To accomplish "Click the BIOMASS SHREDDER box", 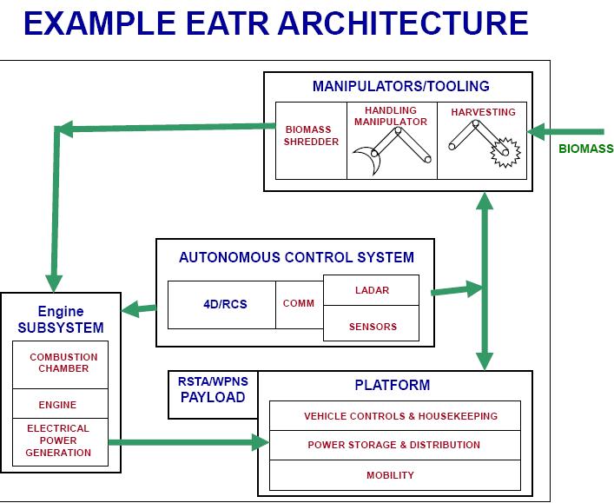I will (x=311, y=141).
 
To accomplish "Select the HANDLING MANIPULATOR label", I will (x=391, y=116).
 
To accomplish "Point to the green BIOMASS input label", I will (x=585, y=149).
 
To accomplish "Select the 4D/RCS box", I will (x=221, y=305).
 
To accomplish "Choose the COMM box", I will (x=299, y=304).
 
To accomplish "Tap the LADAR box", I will (x=372, y=290).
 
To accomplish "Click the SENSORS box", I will (x=372, y=327).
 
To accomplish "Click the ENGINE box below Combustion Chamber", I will (x=57, y=404).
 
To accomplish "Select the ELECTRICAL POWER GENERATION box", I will (x=58, y=440).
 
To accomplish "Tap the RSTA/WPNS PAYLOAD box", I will (x=212, y=390).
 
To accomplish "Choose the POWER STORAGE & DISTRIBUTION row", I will (x=395, y=445).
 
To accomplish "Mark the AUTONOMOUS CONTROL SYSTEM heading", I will (x=296, y=257).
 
